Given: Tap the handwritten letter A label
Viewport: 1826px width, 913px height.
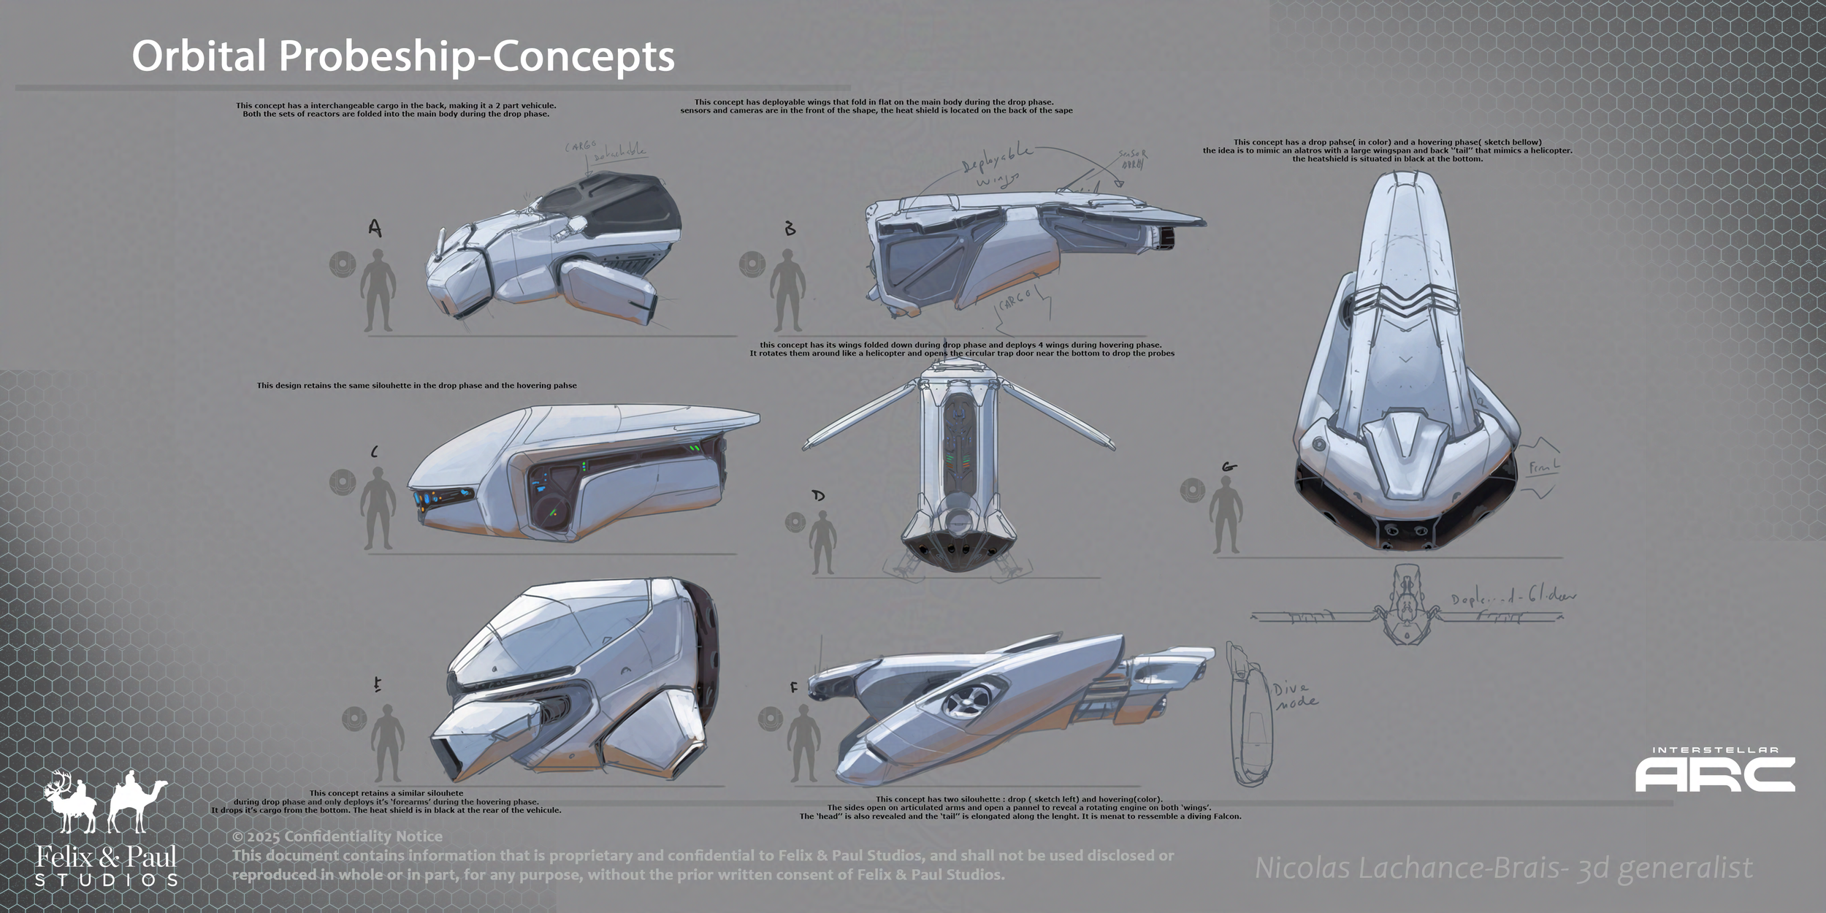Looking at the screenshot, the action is [x=375, y=229].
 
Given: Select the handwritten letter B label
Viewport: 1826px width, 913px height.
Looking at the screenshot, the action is [x=790, y=229].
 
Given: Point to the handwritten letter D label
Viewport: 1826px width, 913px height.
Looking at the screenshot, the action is [x=818, y=495].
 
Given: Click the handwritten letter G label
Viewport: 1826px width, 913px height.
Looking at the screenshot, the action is [x=1229, y=467].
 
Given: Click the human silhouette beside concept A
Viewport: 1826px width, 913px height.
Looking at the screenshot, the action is [x=378, y=290].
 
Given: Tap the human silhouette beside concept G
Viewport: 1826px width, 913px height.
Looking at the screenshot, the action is [x=1226, y=514].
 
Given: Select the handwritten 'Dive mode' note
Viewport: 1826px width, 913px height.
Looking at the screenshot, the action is [x=1295, y=695].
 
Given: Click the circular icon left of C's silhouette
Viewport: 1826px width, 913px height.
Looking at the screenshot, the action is [x=342, y=482].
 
